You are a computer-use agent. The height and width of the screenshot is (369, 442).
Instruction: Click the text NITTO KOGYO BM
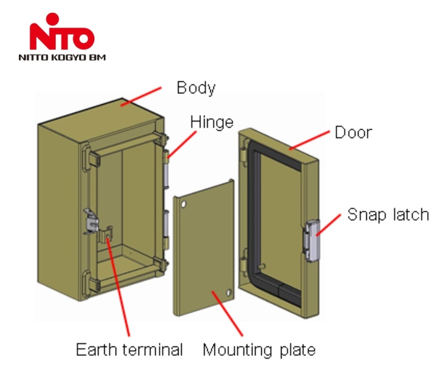click(62, 58)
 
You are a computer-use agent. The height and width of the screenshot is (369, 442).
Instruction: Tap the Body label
click(196, 88)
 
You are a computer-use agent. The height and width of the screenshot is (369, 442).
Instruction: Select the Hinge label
click(212, 122)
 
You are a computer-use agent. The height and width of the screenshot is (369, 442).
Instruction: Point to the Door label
click(354, 132)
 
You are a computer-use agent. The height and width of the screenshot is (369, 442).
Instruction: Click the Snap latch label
click(388, 215)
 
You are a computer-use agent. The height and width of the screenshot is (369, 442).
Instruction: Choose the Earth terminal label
click(129, 350)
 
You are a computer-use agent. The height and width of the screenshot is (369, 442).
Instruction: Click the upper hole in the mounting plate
click(183, 204)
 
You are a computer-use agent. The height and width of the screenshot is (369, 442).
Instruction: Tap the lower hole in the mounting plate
click(229, 292)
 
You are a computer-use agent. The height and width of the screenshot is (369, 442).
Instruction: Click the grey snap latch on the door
click(312, 241)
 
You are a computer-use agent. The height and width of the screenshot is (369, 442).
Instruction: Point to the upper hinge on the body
click(166, 169)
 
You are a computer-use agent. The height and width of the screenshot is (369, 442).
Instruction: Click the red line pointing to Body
click(141, 97)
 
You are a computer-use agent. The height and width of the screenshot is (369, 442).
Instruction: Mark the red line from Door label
click(310, 140)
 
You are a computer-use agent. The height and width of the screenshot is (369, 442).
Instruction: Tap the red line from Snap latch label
click(329, 225)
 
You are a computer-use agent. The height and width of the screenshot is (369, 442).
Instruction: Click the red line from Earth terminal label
click(118, 287)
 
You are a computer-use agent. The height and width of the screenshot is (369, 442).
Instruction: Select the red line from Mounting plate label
click(227, 314)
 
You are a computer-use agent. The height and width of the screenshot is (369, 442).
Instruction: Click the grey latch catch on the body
click(91, 222)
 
